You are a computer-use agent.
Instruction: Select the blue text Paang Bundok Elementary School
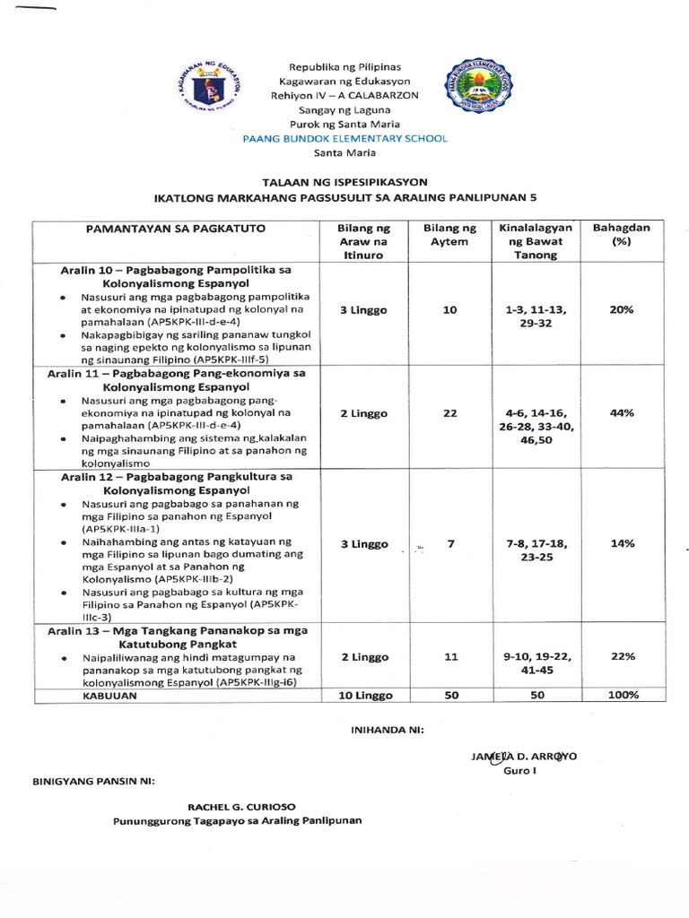click(x=344, y=138)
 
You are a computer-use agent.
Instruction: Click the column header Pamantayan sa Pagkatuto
click(x=176, y=229)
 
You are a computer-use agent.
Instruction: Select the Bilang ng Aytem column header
click(x=449, y=235)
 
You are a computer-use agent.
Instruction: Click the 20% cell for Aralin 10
click(x=622, y=309)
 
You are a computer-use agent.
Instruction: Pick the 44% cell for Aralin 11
click(x=622, y=413)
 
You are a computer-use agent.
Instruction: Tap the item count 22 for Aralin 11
click(x=449, y=413)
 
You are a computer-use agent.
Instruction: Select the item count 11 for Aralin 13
click(x=449, y=657)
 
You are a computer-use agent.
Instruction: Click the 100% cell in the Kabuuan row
click(x=622, y=695)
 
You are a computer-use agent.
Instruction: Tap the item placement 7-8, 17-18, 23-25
click(x=536, y=551)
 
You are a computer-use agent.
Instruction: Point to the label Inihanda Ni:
click(x=386, y=731)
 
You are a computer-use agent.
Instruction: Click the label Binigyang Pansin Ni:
click(x=93, y=780)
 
